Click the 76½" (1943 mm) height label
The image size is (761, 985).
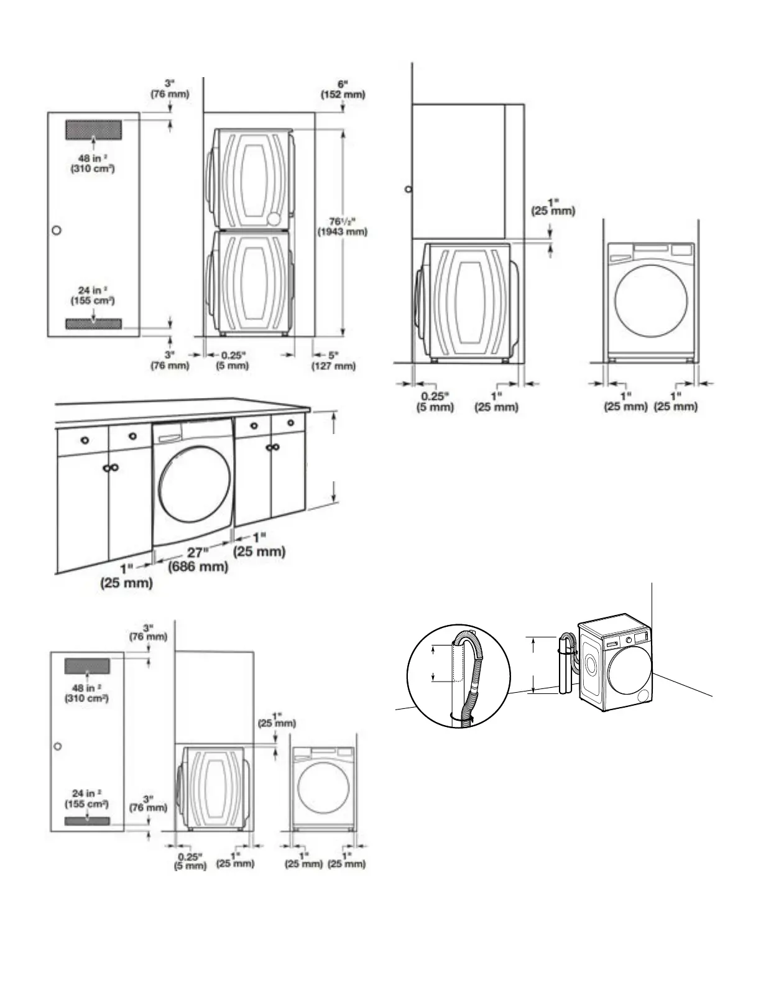tap(343, 226)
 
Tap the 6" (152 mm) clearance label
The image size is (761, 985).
tap(343, 90)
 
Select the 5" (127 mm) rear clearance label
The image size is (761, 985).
tap(334, 361)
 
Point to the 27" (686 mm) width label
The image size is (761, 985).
tap(198, 560)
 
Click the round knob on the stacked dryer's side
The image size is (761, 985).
tap(274, 219)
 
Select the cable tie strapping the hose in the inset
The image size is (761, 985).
tap(461, 719)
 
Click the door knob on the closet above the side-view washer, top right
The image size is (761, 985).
tap(408, 189)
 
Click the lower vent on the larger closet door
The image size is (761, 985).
tap(93, 324)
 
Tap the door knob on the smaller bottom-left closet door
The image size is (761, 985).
tap(57, 746)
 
